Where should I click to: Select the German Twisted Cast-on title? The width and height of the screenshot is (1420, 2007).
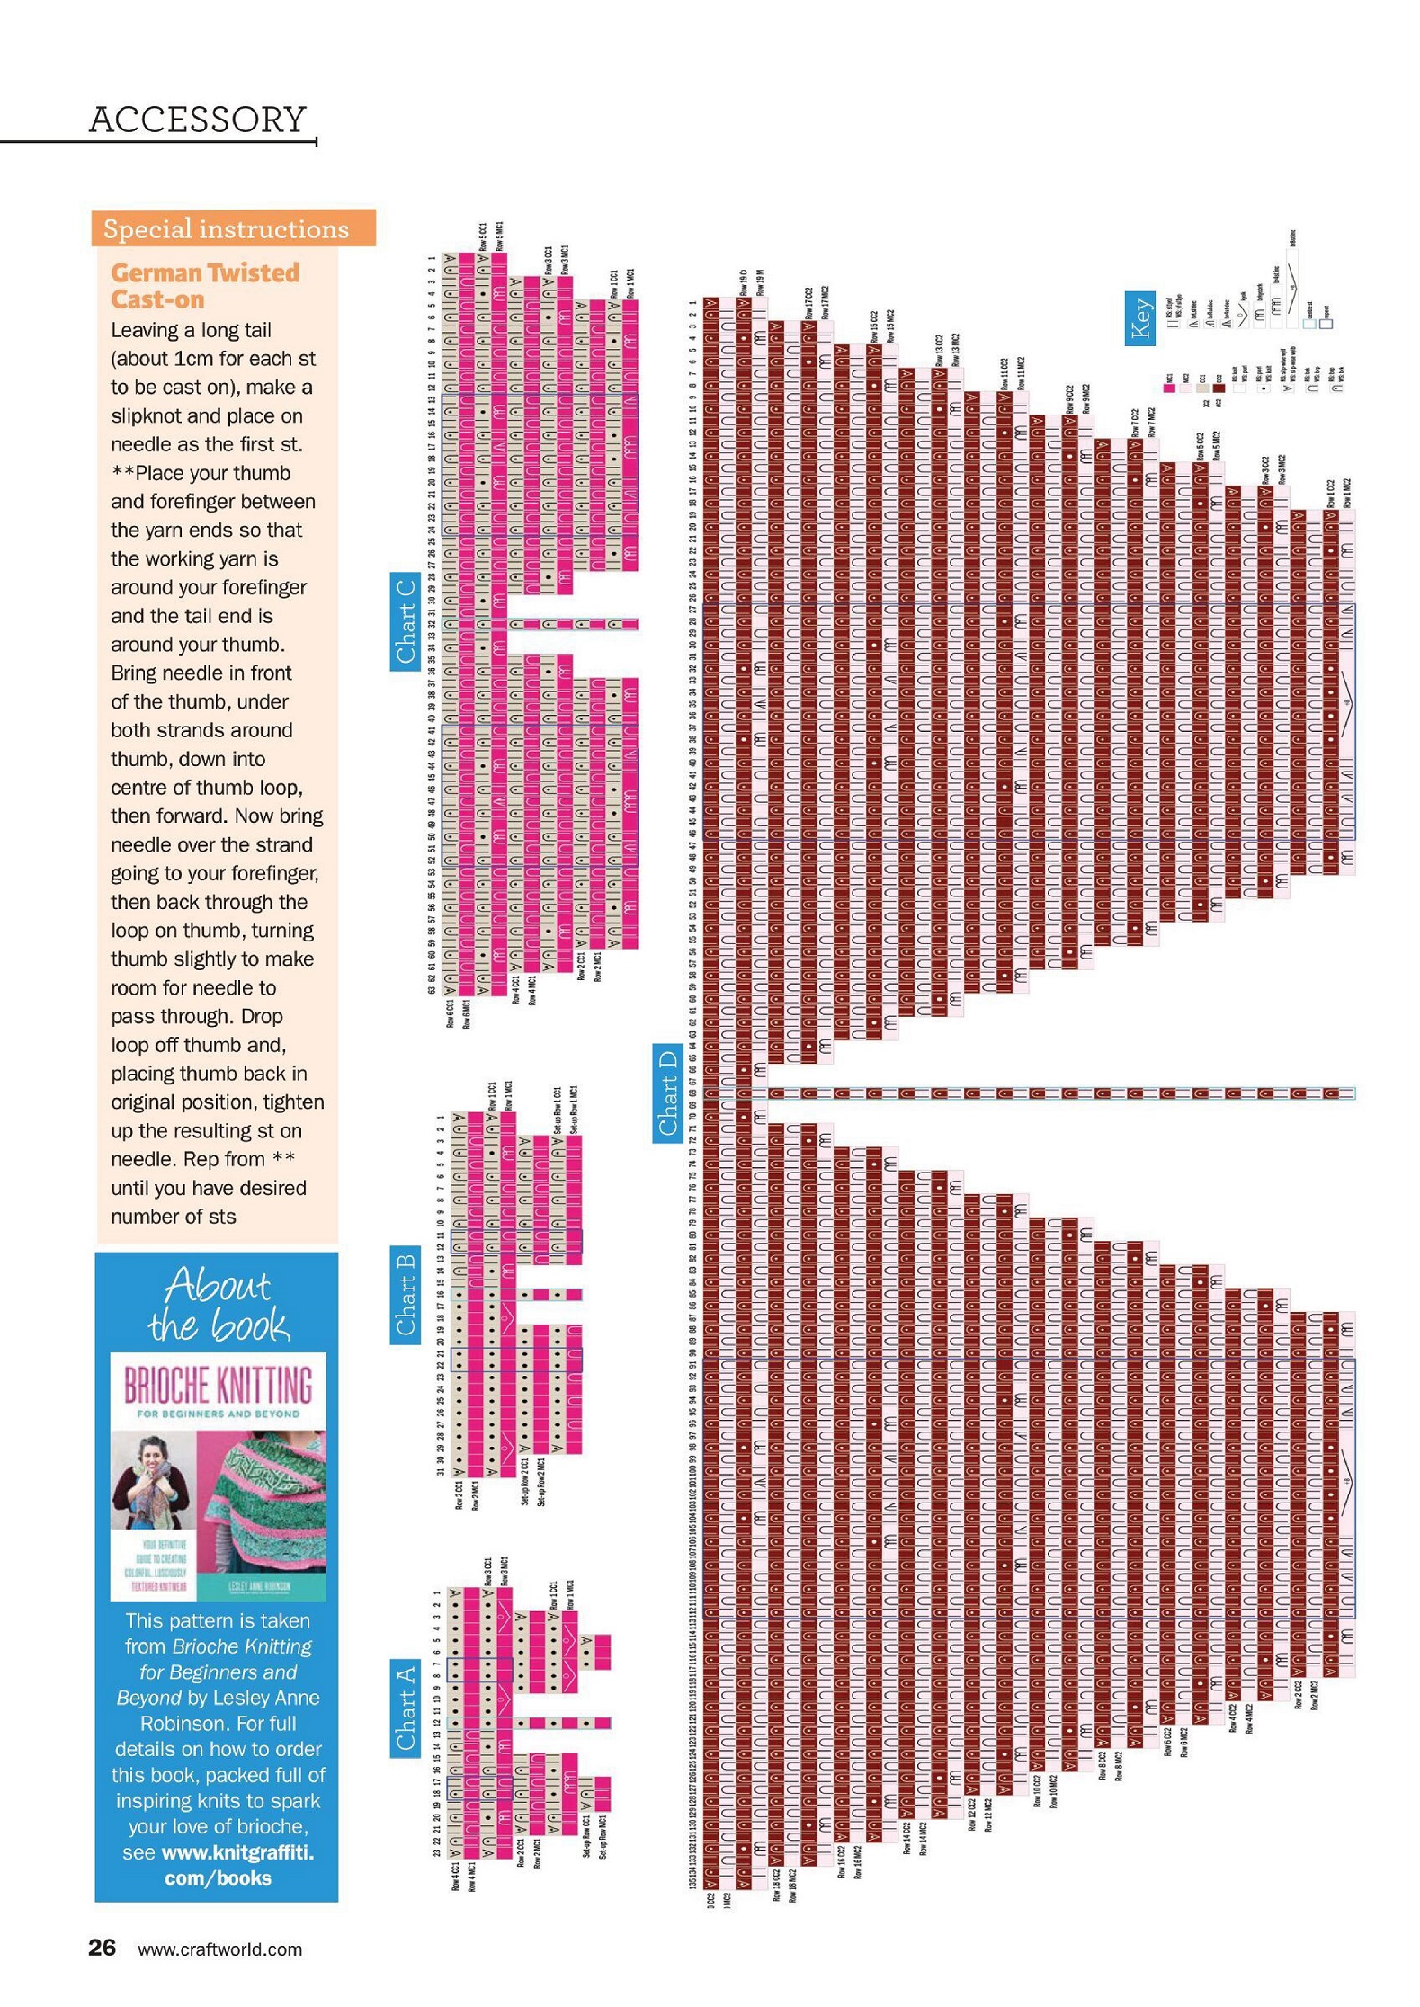pyautogui.click(x=205, y=285)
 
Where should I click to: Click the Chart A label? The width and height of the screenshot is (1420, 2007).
pyautogui.click(x=406, y=1708)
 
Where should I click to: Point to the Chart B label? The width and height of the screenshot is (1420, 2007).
pyautogui.click(x=406, y=1294)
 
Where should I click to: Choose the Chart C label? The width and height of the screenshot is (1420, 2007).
pyautogui.click(x=406, y=621)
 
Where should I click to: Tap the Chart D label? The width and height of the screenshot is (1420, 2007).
pyautogui.click(x=667, y=1093)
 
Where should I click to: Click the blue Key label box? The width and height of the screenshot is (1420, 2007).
pyautogui.click(x=1140, y=318)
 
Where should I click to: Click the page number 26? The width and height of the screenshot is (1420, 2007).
pyautogui.click(x=102, y=1948)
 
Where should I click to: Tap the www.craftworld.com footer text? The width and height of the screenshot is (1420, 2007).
pyautogui.click(x=219, y=1949)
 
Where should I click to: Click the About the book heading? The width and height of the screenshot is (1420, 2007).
pyautogui.click(x=218, y=1305)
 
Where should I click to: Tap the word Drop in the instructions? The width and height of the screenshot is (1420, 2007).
pyautogui.click(x=262, y=1016)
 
